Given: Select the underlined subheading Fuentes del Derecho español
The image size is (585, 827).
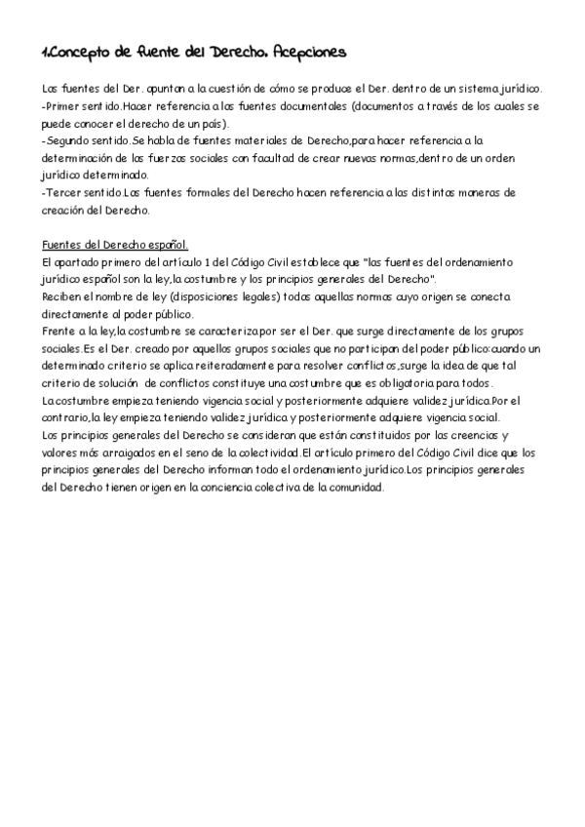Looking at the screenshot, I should tap(116, 246).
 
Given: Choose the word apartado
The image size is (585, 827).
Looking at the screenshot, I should tap(81, 263).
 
